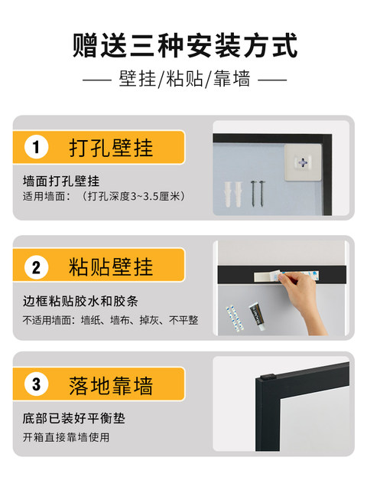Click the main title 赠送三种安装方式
(185, 46)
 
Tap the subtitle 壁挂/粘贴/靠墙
(184, 79)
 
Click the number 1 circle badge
(36, 147)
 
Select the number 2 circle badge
(36, 267)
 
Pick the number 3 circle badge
(36, 384)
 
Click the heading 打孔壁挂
(111, 148)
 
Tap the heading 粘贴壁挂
(111, 267)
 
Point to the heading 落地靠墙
(111, 386)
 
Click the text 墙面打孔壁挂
(61, 181)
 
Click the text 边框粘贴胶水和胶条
(80, 301)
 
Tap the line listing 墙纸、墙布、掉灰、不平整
(139, 320)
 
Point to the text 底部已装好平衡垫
(74, 418)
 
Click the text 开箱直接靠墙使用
(67, 437)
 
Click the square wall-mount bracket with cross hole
(303, 162)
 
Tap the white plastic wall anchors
(233, 194)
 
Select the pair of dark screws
(258, 193)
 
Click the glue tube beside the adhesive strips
(258, 316)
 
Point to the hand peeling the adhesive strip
(301, 300)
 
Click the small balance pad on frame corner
(268, 376)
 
